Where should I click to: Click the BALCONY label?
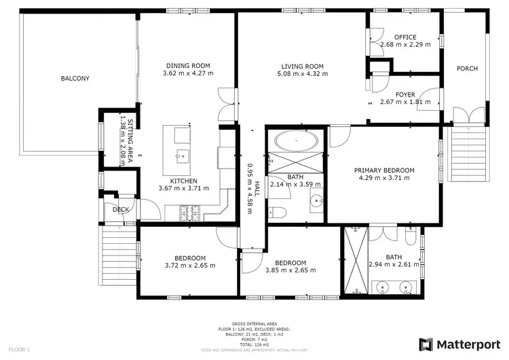(75, 79)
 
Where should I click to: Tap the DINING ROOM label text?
(190, 66)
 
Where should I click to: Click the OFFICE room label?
(405, 37)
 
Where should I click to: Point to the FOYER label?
(405, 94)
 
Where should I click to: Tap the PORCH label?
(466, 69)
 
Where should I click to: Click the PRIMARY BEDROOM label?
(384, 170)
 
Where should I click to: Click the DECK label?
(121, 210)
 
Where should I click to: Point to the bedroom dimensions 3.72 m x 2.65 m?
(190, 266)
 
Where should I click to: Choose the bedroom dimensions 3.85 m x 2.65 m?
(290, 270)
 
